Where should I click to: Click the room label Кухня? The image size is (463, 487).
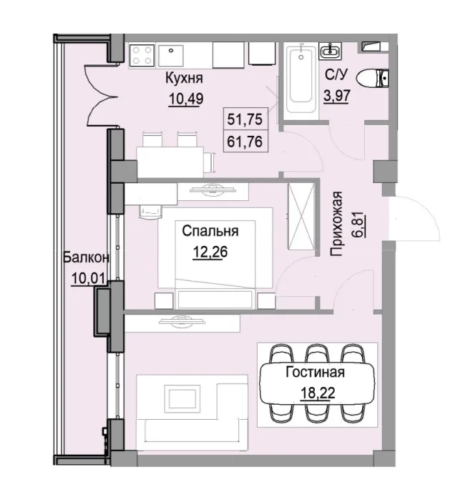(x=183, y=79)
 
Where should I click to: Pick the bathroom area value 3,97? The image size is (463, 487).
(x=336, y=94)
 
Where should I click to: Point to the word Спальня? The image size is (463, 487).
(x=210, y=231)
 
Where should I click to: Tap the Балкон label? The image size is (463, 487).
(x=84, y=258)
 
